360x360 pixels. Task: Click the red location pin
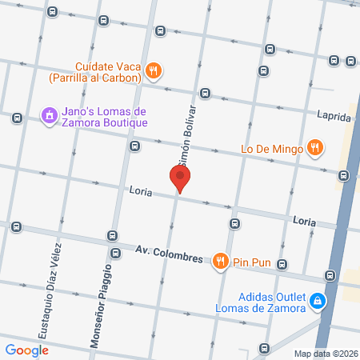pyautogui.click(x=180, y=178)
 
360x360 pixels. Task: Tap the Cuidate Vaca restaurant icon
pyautogui.click(x=154, y=72)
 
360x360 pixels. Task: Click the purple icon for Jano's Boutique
pyautogui.click(x=49, y=116)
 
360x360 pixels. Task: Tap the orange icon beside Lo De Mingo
pyautogui.click(x=316, y=147)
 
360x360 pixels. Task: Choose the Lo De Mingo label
pyautogui.click(x=270, y=148)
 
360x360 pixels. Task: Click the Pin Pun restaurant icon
pyautogui.click(x=220, y=260)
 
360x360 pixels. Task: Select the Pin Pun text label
pyautogui.click(x=250, y=261)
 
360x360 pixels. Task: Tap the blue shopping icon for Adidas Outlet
pyautogui.click(x=318, y=300)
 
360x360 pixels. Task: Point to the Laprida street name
pyautogui.click(x=334, y=117)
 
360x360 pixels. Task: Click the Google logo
pyautogui.click(x=26, y=350)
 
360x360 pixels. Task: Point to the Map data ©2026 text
pyautogui.click(x=325, y=354)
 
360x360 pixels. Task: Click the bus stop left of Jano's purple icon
pyautogui.click(x=17, y=118)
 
